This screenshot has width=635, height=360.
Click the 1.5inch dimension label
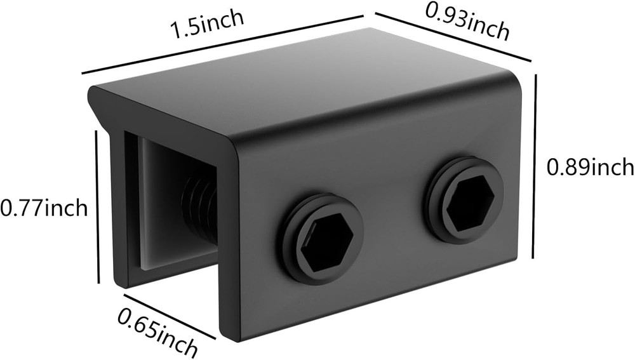pyautogui.click(x=206, y=24)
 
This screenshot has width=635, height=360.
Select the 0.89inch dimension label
pyautogui.click(x=591, y=168)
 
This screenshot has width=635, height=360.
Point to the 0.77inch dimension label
pyautogui.click(x=43, y=208)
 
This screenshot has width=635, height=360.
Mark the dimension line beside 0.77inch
pyautogui.click(x=98, y=206)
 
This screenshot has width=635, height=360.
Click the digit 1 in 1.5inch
pyautogui.click(x=174, y=29)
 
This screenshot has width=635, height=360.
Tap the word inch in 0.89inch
pyautogui.click(x=612, y=168)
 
